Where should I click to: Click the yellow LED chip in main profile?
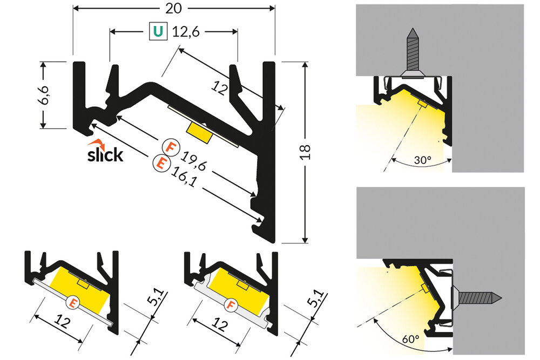point(198,130)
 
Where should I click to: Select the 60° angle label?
point(410,339)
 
